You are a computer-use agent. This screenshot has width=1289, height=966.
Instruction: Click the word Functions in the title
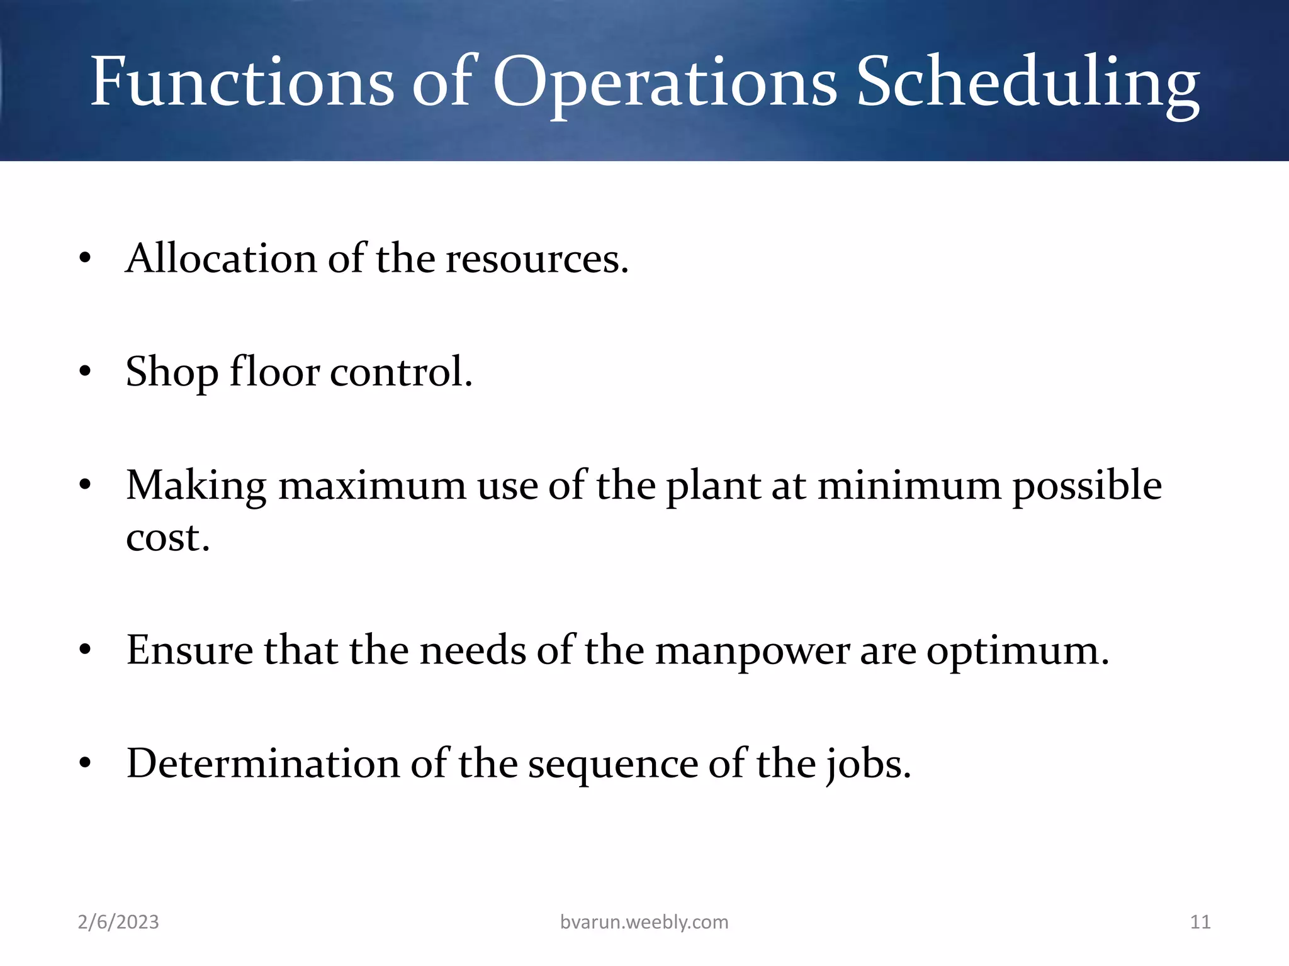tap(242, 82)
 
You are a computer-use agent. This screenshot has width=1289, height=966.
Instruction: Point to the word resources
tap(537, 260)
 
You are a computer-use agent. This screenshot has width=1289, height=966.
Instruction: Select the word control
tap(401, 372)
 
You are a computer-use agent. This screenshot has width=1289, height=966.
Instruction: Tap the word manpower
tap(752, 651)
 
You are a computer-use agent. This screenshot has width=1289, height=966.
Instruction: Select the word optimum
tap(1017, 651)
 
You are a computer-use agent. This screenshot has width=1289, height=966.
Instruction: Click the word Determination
tap(263, 763)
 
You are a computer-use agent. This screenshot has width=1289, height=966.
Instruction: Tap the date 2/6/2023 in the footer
tap(118, 922)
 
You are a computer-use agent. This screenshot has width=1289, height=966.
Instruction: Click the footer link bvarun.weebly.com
tap(644, 922)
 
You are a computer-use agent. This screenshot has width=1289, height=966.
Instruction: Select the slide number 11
tap(1200, 922)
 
